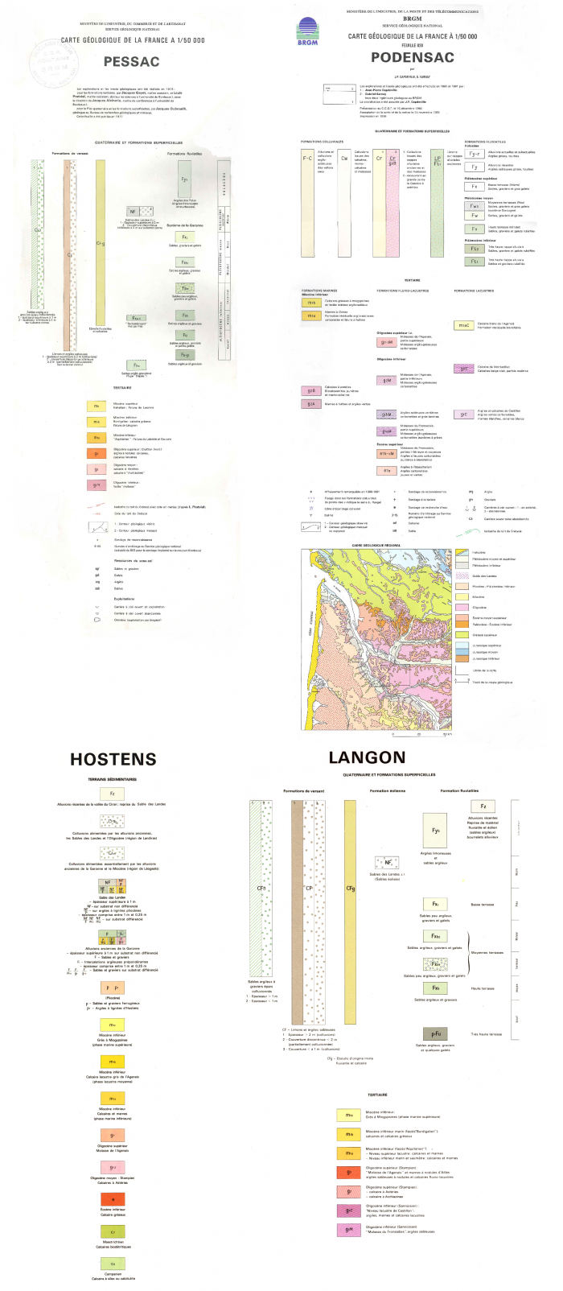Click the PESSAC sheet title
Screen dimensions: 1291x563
[x=131, y=61]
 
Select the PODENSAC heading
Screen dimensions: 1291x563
[x=412, y=57]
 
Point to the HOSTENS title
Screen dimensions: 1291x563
[x=113, y=758]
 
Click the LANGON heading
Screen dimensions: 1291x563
[x=367, y=757]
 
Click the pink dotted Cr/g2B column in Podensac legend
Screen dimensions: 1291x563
[x=392, y=201]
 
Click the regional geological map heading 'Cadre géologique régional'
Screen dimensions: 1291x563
[x=376, y=546]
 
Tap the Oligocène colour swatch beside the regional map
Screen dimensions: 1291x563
[x=462, y=607]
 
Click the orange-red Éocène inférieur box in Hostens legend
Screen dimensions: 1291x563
[x=113, y=1199]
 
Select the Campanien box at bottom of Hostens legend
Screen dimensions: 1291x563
[x=113, y=1264]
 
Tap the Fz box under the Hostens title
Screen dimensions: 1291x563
[x=112, y=794]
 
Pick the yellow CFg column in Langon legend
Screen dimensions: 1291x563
[x=350, y=885]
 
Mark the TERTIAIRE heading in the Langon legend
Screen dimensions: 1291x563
[x=377, y=1095]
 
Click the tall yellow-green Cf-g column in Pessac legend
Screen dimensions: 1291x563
[x=101, y=241]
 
